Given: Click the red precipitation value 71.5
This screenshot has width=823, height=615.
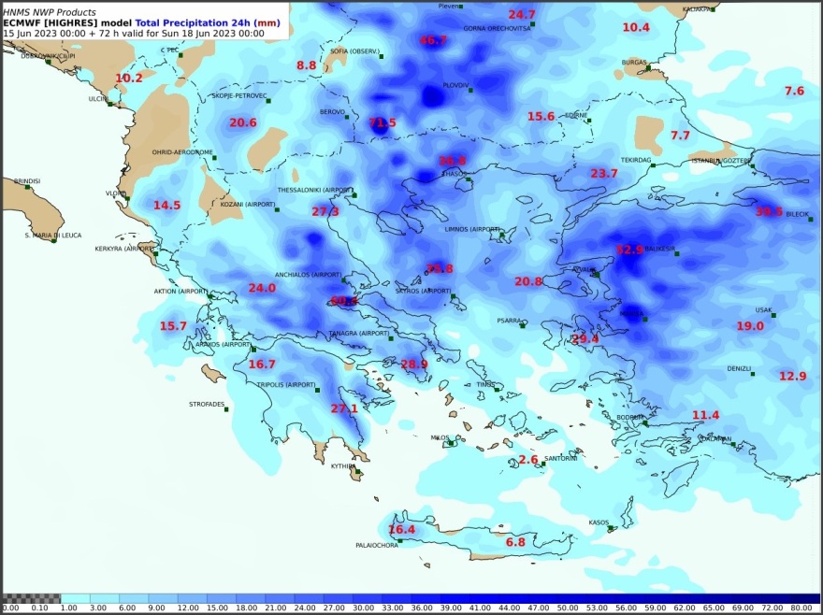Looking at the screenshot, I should (x=383, y=122).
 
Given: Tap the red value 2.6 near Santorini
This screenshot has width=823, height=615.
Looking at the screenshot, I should (x=528, y=460).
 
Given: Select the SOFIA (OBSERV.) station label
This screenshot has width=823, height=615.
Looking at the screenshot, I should (x=354, y=51).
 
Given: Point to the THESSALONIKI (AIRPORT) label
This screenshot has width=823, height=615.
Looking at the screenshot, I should (x=315, y=190).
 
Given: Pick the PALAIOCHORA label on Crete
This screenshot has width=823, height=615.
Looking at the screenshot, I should (x=377, y=546).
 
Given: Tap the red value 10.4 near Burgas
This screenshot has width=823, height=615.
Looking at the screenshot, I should (x=636, y=27).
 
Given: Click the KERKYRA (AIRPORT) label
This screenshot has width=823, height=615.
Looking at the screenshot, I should (x=123, y=249).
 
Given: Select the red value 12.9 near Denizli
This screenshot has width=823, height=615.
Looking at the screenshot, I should (x=792, y=376).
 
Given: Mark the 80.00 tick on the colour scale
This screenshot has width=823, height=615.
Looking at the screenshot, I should (x=801, y=608).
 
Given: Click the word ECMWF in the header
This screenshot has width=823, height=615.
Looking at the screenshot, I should (x=22, y=22).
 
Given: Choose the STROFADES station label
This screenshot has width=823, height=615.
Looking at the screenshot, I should (x=207, y=405).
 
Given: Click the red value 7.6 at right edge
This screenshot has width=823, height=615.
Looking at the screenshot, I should (x=794, y=91).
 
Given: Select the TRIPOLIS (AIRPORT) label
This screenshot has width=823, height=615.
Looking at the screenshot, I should (x=286, y=384).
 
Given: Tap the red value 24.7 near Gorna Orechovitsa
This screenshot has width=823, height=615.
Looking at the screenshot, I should (x=522, y=14).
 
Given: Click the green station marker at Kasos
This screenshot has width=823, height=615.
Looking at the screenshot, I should (x=611, y=529).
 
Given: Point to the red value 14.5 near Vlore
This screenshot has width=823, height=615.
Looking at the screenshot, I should (x=167, y=205).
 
